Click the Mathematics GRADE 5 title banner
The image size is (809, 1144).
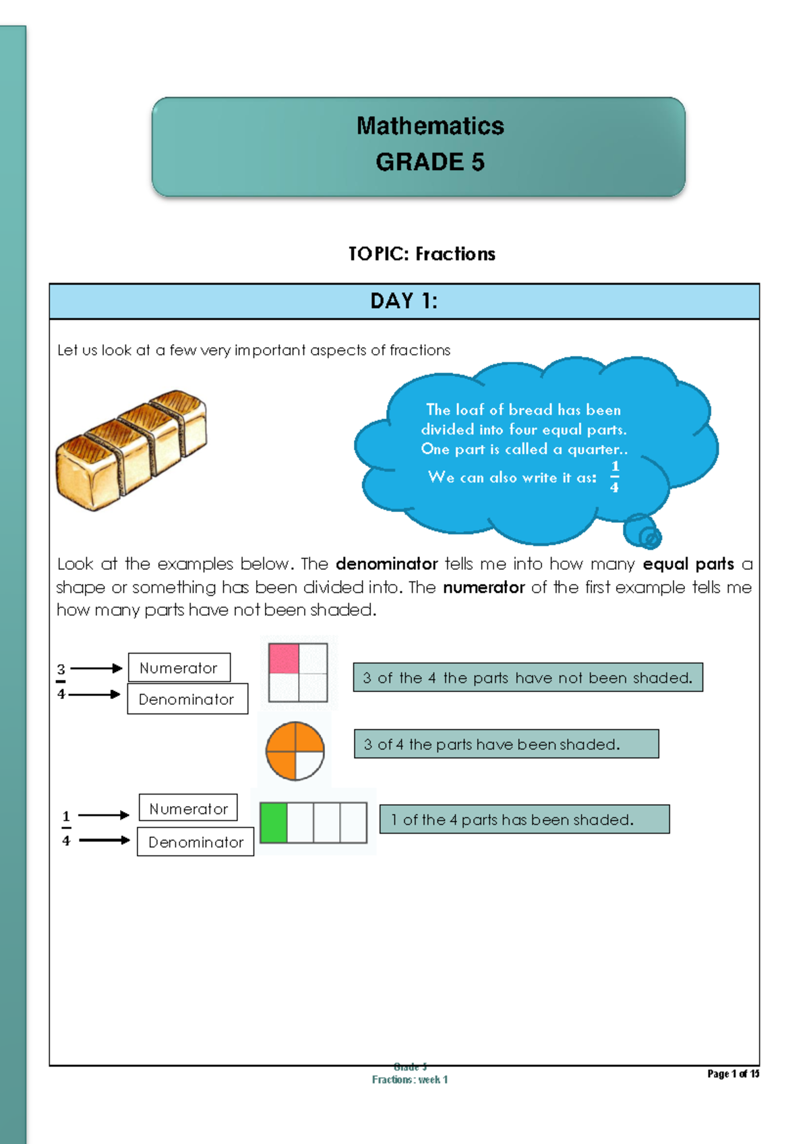(418, 146)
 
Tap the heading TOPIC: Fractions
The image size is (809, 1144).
(421, 254)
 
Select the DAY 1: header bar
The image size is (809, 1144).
(404, 301)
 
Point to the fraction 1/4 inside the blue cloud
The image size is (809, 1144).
(614, 477)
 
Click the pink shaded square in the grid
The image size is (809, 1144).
(284, 658)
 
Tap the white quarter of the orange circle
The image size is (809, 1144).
(309, 766)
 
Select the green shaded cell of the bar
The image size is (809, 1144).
(274, 822)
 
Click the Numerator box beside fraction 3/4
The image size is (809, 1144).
(179, 668)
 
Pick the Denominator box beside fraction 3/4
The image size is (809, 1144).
(187, 699)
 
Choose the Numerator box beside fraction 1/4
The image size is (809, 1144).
(188, 808)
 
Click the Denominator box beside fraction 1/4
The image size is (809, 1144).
(196, 842)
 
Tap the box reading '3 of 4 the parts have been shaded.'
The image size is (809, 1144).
(506, 744)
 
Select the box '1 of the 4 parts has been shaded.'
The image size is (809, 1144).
(524, 820)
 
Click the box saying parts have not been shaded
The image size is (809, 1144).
(527, 678)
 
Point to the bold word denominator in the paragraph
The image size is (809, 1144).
(386, 564)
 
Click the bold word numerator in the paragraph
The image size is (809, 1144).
(483, 588)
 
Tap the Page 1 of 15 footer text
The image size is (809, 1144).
(733, 1074)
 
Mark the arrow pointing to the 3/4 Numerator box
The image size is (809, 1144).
(96, 668)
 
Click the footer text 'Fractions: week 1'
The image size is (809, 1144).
(410, 1080)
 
